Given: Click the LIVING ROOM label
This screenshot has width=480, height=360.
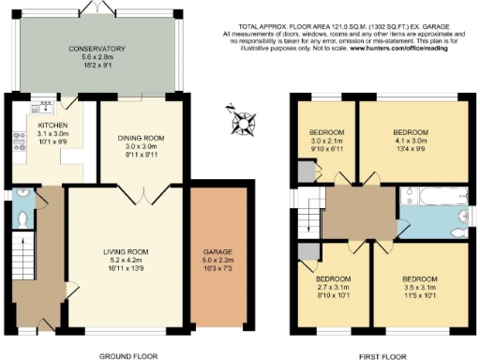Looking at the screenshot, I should point(126,251).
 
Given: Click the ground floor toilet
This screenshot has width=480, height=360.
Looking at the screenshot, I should point(23,217).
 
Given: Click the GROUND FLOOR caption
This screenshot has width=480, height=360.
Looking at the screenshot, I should point(127,355).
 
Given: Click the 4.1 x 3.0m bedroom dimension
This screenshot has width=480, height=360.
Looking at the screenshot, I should point(410,140).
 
